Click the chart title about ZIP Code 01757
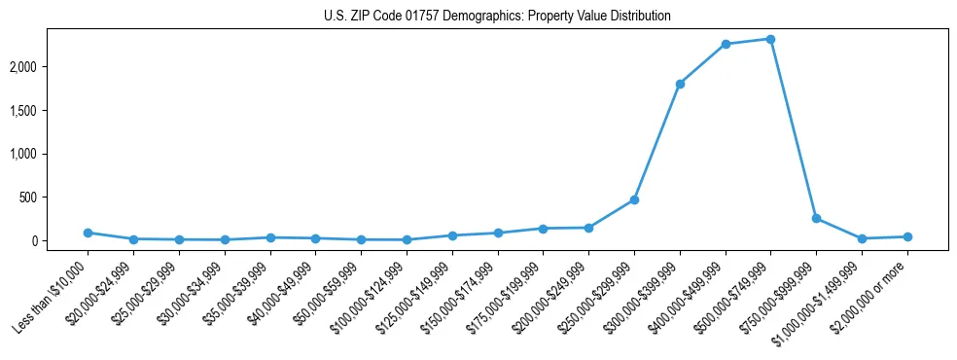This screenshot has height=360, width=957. pyautogui.click(x=497, y=17)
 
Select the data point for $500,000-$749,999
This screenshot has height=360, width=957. pyautogui.click(x=770, y=39)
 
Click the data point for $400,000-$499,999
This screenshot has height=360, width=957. pyautogui.click(x=726, y=44)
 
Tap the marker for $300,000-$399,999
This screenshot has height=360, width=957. pyautogui.click(x=680, y=84)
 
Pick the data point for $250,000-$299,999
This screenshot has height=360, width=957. pyautogui.click(x=634, y=199)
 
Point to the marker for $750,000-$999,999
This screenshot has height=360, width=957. pyautogui.click(x=816, y=218)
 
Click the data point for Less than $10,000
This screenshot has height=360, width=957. pyautogui.click(x=88, y=233)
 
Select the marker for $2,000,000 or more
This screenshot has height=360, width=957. pyautogui.click(x=907, y=236)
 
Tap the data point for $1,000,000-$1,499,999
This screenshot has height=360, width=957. pyautogui.click(x=862, y=238)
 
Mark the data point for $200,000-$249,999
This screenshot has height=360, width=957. pyautogui.click(x=588, y=228)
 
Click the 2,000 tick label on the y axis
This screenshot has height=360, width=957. pyautogui.click(x=51, y=66)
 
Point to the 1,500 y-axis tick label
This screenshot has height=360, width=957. pyautogui.click(x=51, y=110)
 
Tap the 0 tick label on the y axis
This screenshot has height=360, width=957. pyautogui.click(x=60, y=241)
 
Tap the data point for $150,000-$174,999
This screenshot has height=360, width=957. pyautogui.click(x=498, y=233)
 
